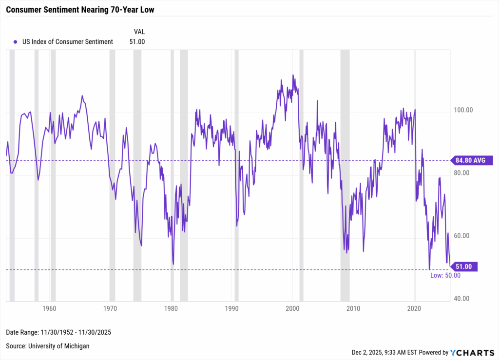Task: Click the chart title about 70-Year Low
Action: point(80,10)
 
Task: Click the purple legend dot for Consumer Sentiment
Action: point(16,42)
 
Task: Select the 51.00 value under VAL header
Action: point(137,42)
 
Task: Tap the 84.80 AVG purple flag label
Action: point(472,160)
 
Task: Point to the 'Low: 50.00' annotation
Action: point(445,275)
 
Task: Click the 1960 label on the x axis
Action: point(49,308)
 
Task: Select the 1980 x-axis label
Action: point(171,308)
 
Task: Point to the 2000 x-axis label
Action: point(292,308)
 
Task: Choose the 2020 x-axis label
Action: point(414,308)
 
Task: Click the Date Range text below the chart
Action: point(58,332)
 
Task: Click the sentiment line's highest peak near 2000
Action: point(293,75)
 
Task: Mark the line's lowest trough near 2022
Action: point(429,269)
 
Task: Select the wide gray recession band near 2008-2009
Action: point(345,175)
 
